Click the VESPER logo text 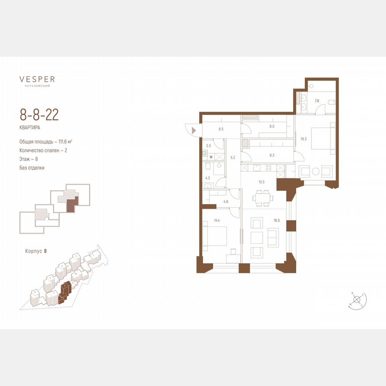tap(37, 80)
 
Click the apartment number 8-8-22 tap(39, 114)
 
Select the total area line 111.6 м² tap(46, 142)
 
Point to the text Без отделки tap(32, 168)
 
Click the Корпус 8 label tap(36, 252)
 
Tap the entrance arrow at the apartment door tap(193, 130)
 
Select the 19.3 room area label tap(303, 139)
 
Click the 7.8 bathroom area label tap(317, 101)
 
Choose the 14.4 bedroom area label tap(217, 220)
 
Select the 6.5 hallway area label tap(220, 129)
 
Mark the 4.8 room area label tap(226, 201)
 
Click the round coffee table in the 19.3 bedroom tap(315, 171)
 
